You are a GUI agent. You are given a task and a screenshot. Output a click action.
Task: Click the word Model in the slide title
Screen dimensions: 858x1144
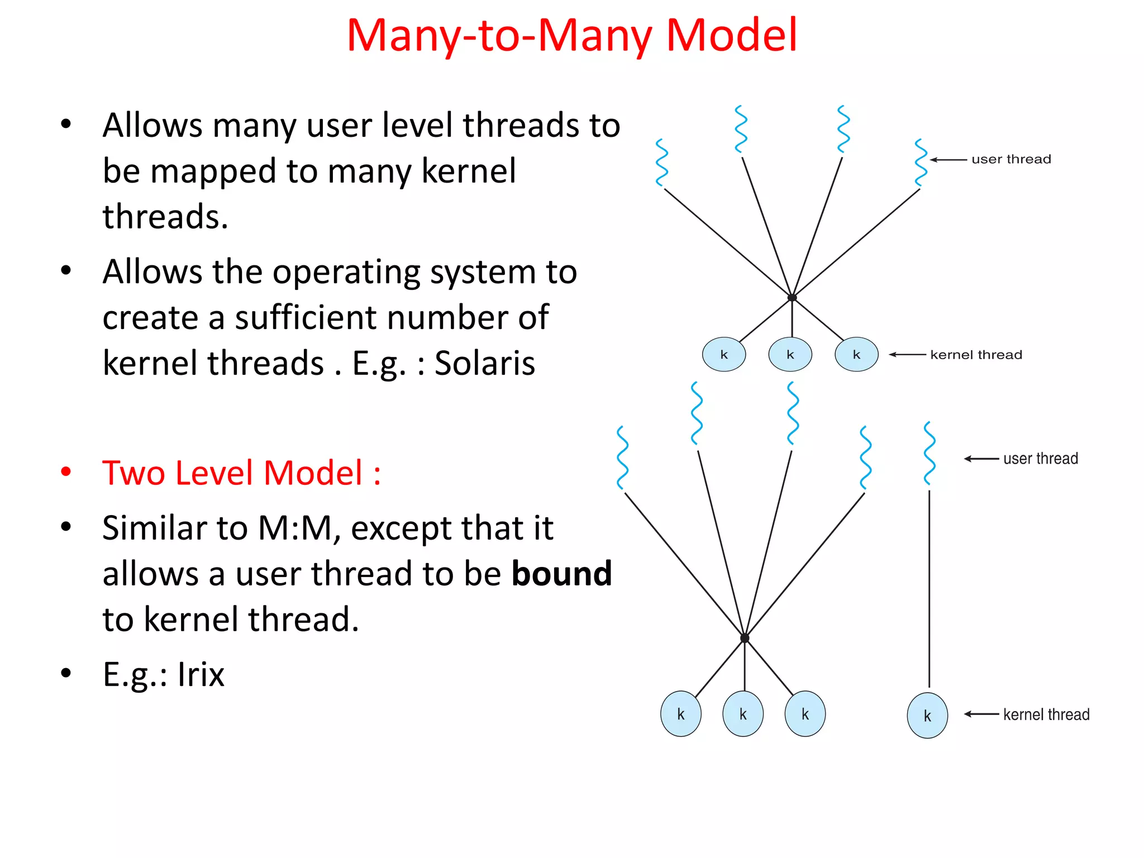[x=732, y=35]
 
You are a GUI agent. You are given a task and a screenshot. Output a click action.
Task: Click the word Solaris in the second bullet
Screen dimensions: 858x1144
[x=485, y=363]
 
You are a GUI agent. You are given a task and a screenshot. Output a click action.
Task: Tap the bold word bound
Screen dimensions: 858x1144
[x=562, y=574]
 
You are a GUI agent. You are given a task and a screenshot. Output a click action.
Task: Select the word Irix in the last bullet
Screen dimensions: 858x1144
[x=201, y=674]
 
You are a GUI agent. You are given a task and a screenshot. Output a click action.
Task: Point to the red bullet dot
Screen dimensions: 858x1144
[x=66, y=473]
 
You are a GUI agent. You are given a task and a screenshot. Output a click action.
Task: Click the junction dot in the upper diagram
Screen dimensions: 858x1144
[x=792, y=297]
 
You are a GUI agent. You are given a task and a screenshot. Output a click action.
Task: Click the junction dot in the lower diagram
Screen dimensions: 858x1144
[x=745, y=638]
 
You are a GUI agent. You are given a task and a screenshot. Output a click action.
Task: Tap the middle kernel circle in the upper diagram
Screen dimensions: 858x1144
[x=790, y=355]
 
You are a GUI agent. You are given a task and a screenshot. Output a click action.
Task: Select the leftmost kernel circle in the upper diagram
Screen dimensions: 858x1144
[x=724, y=355]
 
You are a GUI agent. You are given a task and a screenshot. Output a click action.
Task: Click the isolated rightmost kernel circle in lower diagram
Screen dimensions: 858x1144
[x=927, y=716]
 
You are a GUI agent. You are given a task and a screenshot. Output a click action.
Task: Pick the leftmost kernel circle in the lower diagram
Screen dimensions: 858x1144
[x=680, y=714]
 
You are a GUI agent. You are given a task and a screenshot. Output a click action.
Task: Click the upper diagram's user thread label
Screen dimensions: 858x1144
[x=1011, y=159]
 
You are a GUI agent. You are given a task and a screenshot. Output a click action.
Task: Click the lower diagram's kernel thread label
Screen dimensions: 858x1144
[x=1046, y=714]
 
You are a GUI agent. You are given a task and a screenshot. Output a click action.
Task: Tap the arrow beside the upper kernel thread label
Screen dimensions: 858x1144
[x=907, y=355]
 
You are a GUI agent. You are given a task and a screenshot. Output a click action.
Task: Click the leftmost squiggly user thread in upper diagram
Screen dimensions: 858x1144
[x=662, y=163]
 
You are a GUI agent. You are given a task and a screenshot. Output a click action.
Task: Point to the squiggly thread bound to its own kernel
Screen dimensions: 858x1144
[x=929, y=453]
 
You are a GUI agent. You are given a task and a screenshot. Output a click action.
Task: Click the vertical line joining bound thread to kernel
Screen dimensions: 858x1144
[x=929, y=587]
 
